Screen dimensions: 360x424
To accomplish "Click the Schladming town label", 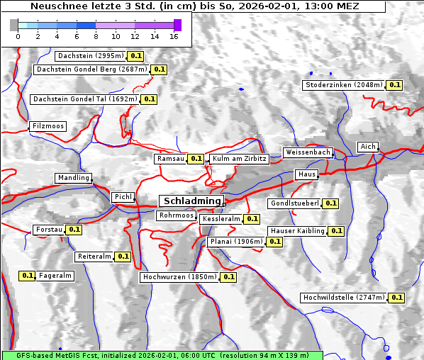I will [191, 201].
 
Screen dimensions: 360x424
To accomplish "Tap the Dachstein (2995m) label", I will [90, 55].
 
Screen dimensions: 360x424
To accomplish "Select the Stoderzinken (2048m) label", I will [343, 85].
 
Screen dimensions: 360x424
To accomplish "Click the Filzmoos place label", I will [48, 126].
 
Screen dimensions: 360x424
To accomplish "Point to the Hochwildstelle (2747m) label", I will [343, 298].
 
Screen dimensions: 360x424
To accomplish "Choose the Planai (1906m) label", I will [236, 242].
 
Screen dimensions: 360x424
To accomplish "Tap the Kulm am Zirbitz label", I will [239, 159].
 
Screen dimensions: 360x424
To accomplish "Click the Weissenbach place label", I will [308, 152].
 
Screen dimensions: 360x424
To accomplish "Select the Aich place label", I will [367, 147].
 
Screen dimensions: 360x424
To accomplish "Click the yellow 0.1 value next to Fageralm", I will [28, 276].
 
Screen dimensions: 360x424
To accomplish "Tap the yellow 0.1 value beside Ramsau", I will [196, 159].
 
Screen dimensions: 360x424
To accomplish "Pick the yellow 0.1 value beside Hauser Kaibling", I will [336, 231].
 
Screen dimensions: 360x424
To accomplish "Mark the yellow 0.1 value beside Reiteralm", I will [123, 257].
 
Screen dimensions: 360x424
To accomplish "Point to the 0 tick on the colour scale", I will [18, 36].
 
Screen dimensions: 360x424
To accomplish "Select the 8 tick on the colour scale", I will [96, 36].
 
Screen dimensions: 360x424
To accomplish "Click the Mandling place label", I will [74, 178].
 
